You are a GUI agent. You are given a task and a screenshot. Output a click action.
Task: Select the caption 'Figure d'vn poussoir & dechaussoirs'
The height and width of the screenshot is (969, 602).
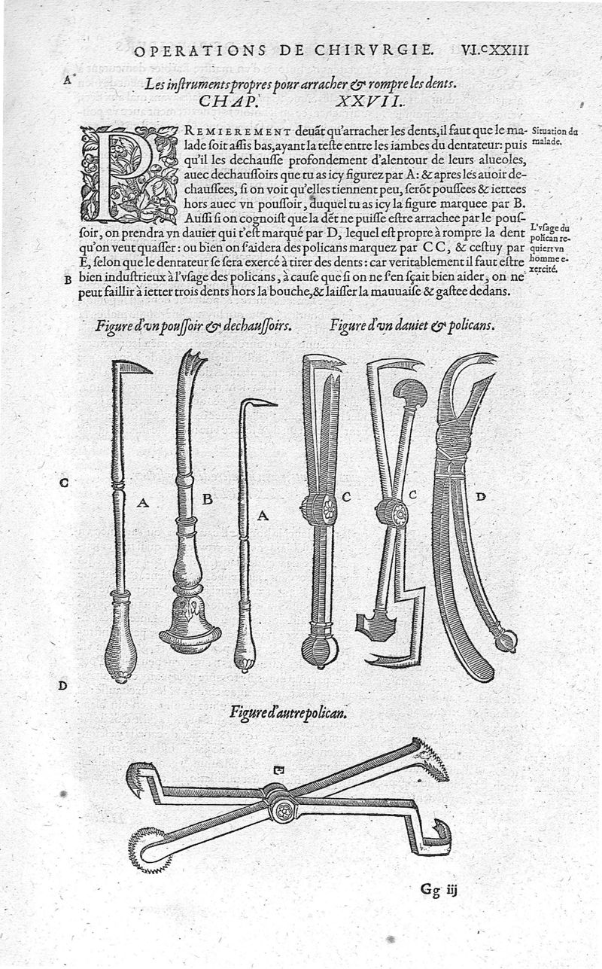click(194, 326)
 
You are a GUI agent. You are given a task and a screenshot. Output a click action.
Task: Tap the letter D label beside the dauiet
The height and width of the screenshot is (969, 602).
click(482, 496)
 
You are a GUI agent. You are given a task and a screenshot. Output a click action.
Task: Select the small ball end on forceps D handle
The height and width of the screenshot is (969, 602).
click(505, 641)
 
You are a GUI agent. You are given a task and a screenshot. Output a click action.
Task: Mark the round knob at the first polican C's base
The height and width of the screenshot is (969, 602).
click(319, 650)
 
